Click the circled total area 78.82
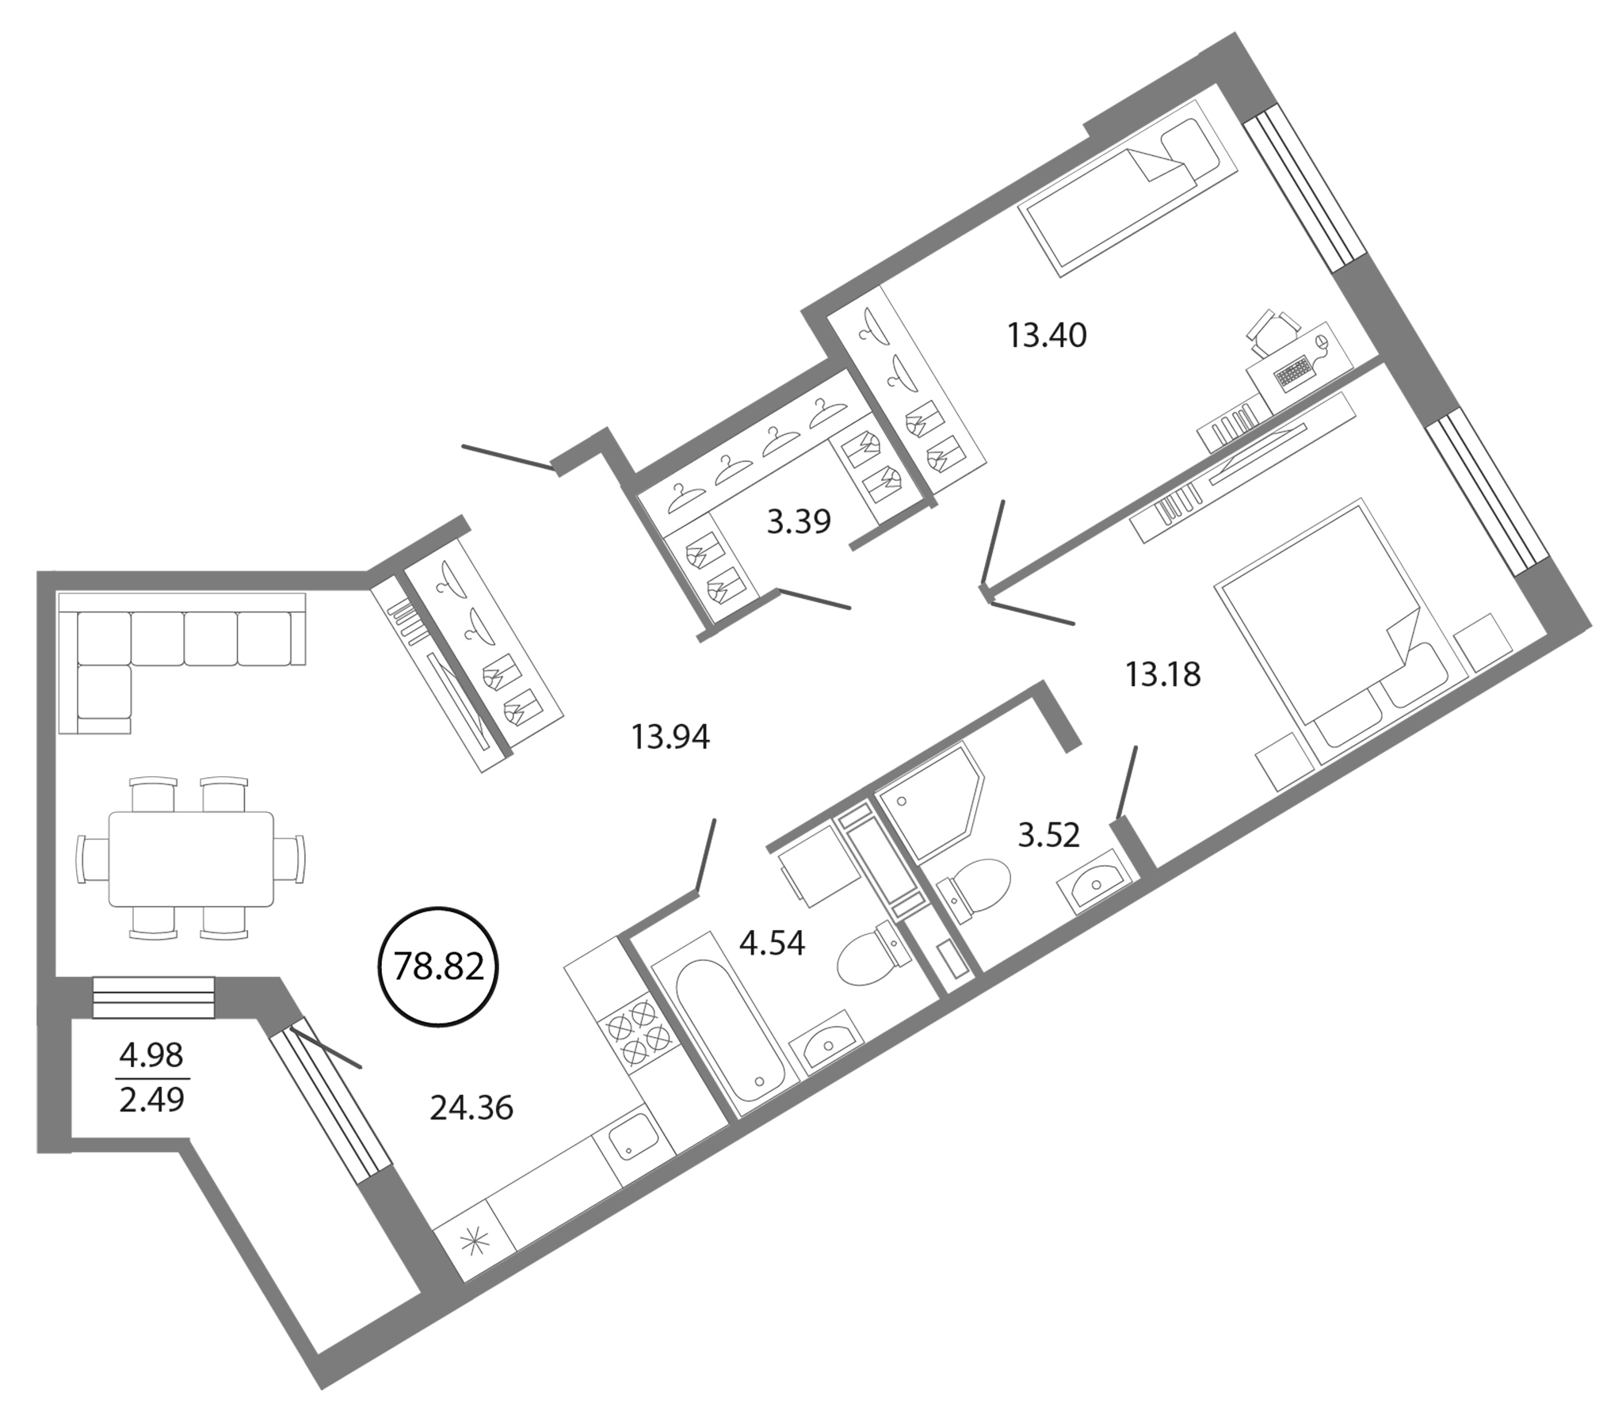(x=439, y=967)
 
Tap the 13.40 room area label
(x=1047, y=336)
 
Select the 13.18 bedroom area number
(x=1162, y=674)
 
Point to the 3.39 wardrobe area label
(x=798, y=521)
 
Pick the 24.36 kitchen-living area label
(x=471, y=1108)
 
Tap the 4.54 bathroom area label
(x=771, y=943)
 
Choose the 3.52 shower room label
(x=1049, y=836)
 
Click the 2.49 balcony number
(x=151, y=1100)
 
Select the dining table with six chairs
(x=190, y=858)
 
